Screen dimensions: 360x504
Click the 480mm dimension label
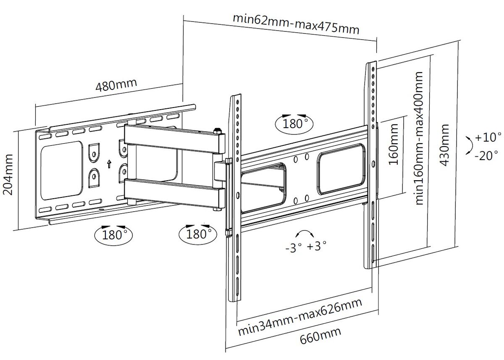click(116, 85)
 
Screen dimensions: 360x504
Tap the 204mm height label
click(8, 174)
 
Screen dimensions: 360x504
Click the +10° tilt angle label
click(488, 137)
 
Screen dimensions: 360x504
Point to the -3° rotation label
click(294, 247)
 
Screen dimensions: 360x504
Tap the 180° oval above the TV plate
click(294, 123)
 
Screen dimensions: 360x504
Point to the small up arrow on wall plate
click(109, 163)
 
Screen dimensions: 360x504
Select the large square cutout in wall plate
click(62, 171)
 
